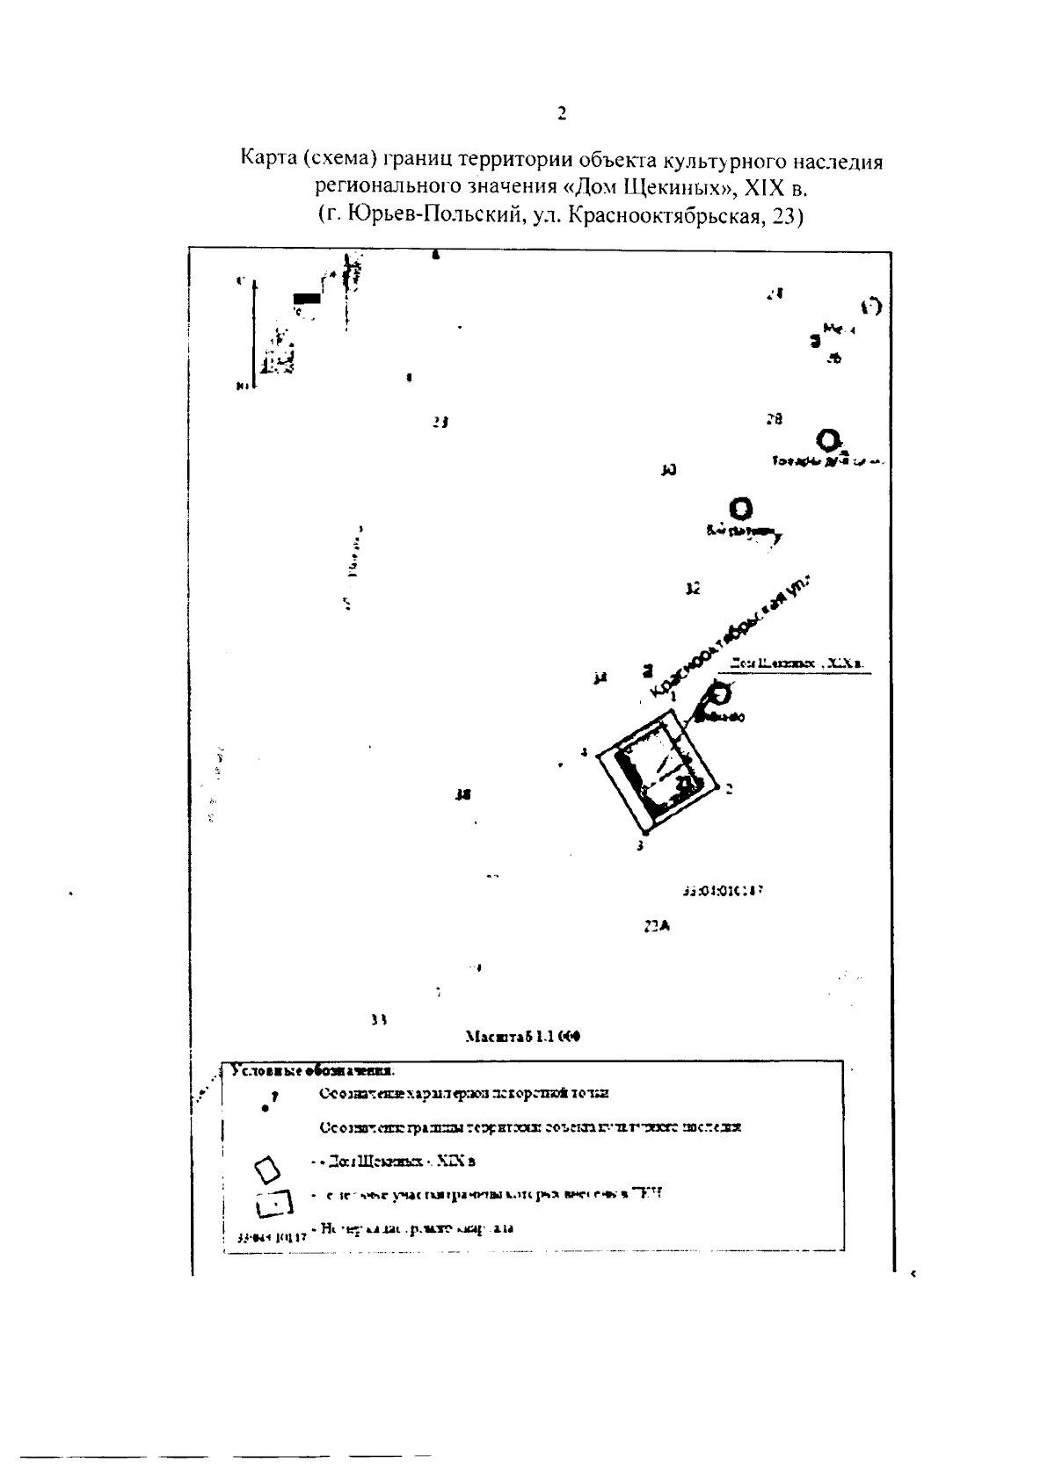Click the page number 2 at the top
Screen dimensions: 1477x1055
(x=562, y=113)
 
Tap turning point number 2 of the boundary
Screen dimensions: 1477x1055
(x=729, y=788)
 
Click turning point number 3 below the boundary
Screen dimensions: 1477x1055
(x=640, y=845)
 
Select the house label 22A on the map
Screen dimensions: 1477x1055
(x=657, y=926)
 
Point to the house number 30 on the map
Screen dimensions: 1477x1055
(x=668, y=470)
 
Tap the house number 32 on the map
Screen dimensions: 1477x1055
(x=693, y=589)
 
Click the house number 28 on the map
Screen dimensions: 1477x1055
(x=774, y=419)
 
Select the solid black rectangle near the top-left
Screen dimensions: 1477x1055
(x=307, y=298)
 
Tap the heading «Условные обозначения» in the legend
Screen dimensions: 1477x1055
(x=312, y=1071)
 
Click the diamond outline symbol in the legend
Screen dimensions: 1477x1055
(x=267, y=1169)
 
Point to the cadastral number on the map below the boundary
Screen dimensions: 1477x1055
(x=722, y=890)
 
